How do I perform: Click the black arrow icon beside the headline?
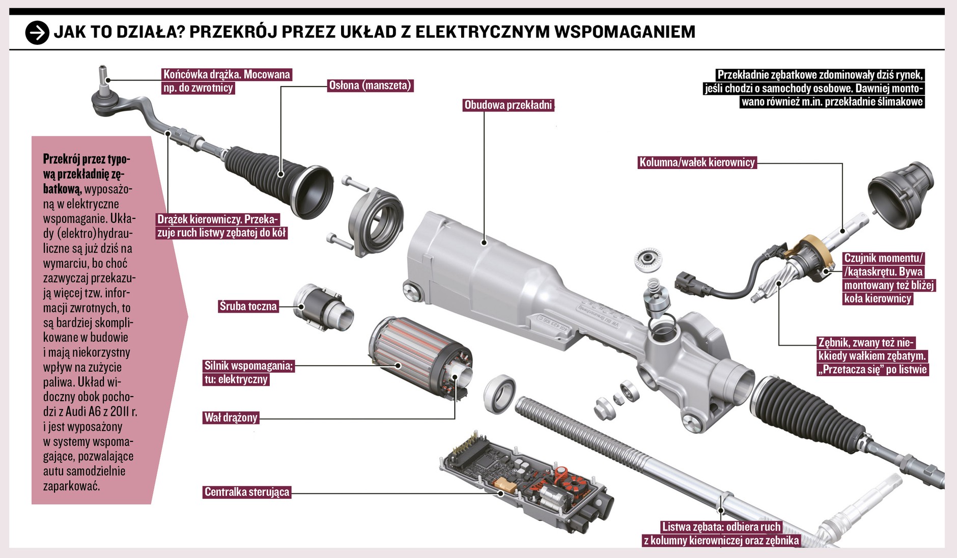[x=37, y=33]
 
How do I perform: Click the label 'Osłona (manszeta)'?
[x=370, y=86]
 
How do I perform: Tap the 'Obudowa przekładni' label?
[x=508, y=105]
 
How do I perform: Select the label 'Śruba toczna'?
[x=248, y=306]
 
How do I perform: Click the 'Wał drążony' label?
[x=231, y=418]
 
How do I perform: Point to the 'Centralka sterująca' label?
[x=247, y=492]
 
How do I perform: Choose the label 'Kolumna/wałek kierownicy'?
[x=697, y=162]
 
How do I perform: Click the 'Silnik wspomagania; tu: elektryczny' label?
[x=248, y=373]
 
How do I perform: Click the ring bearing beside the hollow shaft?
[x=499, y=394]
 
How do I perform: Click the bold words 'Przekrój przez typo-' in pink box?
[x=87, y=159]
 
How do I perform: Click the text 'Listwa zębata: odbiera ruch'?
[x=721, y=527]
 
